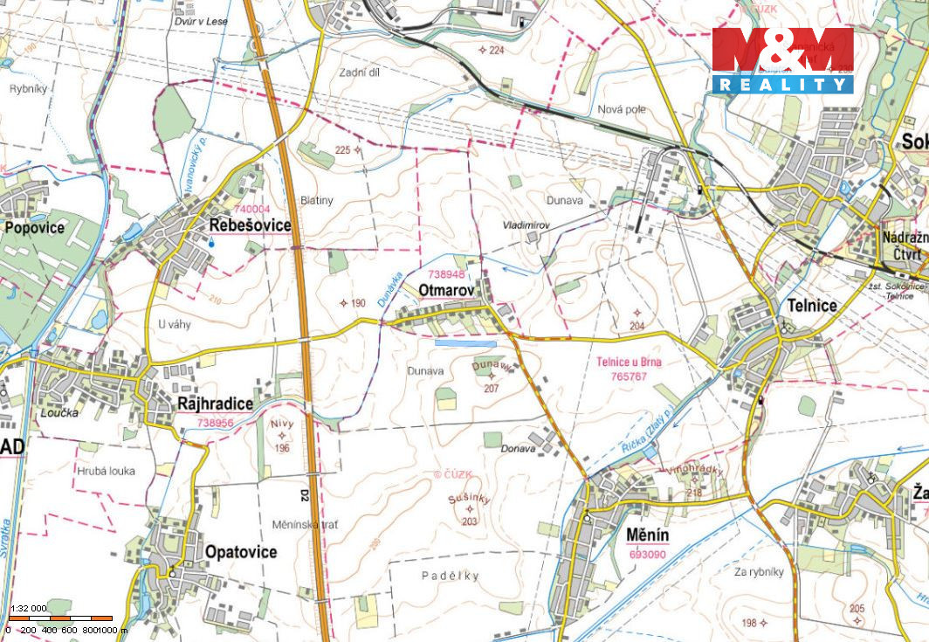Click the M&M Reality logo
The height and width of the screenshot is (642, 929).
[781, 59]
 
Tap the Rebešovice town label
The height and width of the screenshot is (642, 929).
[250, 225]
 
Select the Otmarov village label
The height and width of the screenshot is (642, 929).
[445, 288]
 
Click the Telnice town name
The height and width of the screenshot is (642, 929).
[812, 306]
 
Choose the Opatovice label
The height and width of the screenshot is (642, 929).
[240, 552]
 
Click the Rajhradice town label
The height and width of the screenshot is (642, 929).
[215, 404]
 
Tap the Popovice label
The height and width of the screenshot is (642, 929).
[34, 227]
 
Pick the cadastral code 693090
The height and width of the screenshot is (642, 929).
[647, 554]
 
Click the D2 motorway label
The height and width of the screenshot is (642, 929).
[305, 495]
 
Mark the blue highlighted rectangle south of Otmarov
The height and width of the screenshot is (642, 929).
[465, 343]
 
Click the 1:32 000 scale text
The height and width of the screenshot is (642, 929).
[28, 608]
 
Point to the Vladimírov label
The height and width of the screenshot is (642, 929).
[526, 225]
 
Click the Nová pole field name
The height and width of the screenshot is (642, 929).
[622, 109]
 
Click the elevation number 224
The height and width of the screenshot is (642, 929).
[497, 51]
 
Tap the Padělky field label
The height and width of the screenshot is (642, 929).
[451, 576]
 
